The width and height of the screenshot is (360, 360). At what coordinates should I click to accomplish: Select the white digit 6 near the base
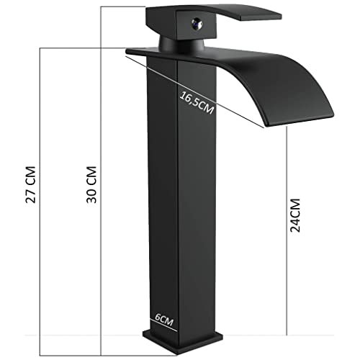click(157, 316)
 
